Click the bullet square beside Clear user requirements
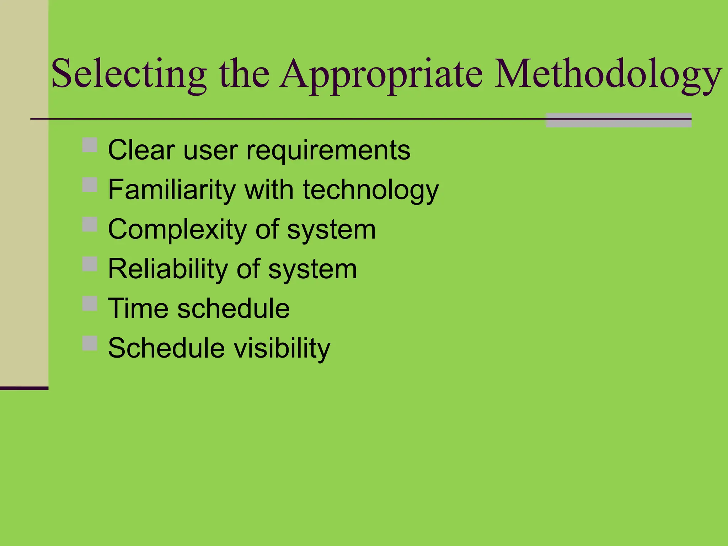90,145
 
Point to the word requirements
328,150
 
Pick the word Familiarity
172,189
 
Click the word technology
371,190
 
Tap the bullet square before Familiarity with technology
90,185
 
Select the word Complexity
177,229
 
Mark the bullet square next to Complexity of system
90,224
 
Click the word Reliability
167,269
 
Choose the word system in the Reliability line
312,269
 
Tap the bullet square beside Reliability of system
90,264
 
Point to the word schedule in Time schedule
234,308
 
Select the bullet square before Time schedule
90,304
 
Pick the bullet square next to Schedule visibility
90,343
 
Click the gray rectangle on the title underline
619,120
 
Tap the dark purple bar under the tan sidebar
24,388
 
